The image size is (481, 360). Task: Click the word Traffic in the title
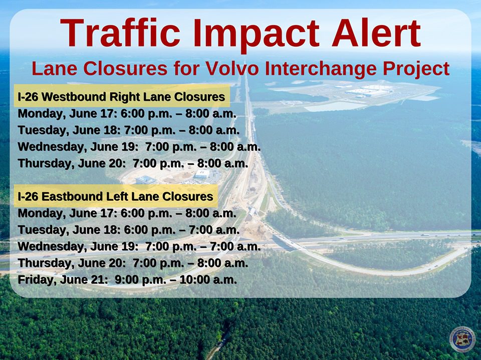[120, 33]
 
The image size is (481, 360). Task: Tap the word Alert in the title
[376, 33]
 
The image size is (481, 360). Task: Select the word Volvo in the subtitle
[232, 68]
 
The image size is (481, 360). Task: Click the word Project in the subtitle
[416, 69]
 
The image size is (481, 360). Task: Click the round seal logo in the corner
[462, 339]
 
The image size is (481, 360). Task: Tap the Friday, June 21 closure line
[127, 280]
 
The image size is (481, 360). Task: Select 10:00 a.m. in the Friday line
[208, 280]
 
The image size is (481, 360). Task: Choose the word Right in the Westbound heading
[125, 97]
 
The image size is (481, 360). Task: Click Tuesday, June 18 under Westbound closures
[69, 130]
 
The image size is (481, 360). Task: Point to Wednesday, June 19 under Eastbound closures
[78, 246]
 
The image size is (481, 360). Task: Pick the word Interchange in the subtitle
[321, 69]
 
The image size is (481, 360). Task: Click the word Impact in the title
[257, 35]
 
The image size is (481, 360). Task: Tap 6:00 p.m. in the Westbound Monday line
[146, 114]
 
